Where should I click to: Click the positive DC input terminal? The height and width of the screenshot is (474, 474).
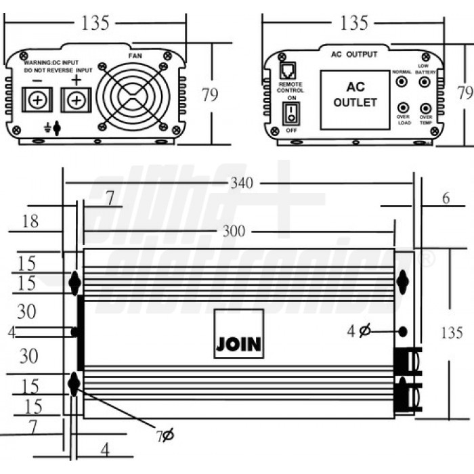point(77,100)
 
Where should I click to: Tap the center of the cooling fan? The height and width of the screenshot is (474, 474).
point(132,95)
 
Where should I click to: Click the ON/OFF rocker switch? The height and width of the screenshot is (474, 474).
point(290,114)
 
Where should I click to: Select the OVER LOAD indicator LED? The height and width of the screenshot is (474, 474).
point(403,108)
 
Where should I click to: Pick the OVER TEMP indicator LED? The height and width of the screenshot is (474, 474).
point(425,108)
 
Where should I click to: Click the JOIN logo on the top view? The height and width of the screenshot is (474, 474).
point(238,343)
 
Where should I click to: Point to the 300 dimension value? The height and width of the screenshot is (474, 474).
point(234,231)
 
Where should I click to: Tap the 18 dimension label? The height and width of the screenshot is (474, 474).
point(29,221)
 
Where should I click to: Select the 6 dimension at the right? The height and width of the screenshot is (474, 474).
point(445,198)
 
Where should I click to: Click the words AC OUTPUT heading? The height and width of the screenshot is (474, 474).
point(353,54)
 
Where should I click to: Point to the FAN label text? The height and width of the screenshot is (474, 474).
point(135,54)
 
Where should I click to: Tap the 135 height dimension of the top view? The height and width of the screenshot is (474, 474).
point(452,333)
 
